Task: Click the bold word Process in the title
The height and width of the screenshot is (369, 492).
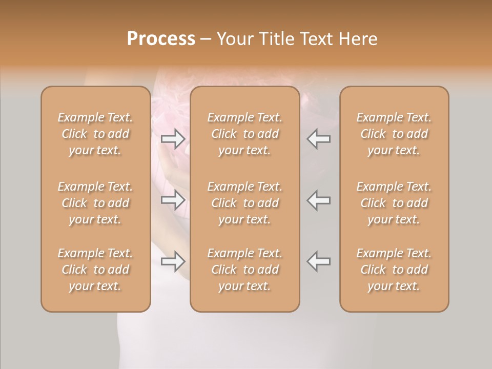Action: point(161,38)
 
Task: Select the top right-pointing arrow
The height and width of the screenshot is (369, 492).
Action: point(173,138)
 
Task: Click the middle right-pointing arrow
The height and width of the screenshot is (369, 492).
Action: point(173,200)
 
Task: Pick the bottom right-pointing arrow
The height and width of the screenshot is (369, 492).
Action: point(173,261)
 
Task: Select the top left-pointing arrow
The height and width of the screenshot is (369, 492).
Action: point(319,138)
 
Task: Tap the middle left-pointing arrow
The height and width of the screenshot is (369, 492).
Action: point(319,200)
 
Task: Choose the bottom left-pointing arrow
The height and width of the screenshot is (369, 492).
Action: point(319,261)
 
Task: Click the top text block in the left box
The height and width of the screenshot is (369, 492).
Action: point(95,134)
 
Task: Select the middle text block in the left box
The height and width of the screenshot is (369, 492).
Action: point(95,203)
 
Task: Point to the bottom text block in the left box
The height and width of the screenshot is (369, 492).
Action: point(95,270)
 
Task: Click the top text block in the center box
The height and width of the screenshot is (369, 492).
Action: point(245,134)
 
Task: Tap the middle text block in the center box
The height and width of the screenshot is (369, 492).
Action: point(245,203)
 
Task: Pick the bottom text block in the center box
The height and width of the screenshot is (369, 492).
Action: point(245,270)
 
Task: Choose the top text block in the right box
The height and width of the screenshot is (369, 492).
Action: point(394,134)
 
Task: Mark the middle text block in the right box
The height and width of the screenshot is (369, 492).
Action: point(394,203)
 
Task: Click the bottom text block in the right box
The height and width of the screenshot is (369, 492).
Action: point(394,270)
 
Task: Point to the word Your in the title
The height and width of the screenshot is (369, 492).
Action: point(234,38)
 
